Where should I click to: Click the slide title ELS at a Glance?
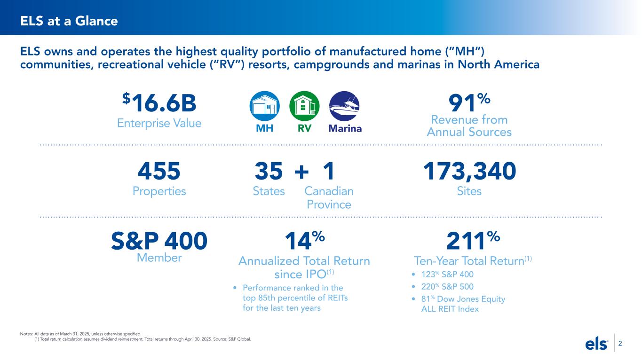coord(69,21)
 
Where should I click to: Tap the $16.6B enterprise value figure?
coord(159,102)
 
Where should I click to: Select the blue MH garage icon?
coord(264,106)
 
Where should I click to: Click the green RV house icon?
coord(304,106)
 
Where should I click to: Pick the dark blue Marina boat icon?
coord(344,106)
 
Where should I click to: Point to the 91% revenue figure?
coord(468,102)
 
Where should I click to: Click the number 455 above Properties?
coord(159,172)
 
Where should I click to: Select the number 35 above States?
coord(269,172)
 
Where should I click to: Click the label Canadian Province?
coord(329,198)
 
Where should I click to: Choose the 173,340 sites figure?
coord(469,172)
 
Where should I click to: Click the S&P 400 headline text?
coord(159,242)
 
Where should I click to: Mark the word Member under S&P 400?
coord(159,258)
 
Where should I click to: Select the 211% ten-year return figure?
coord(472,242)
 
